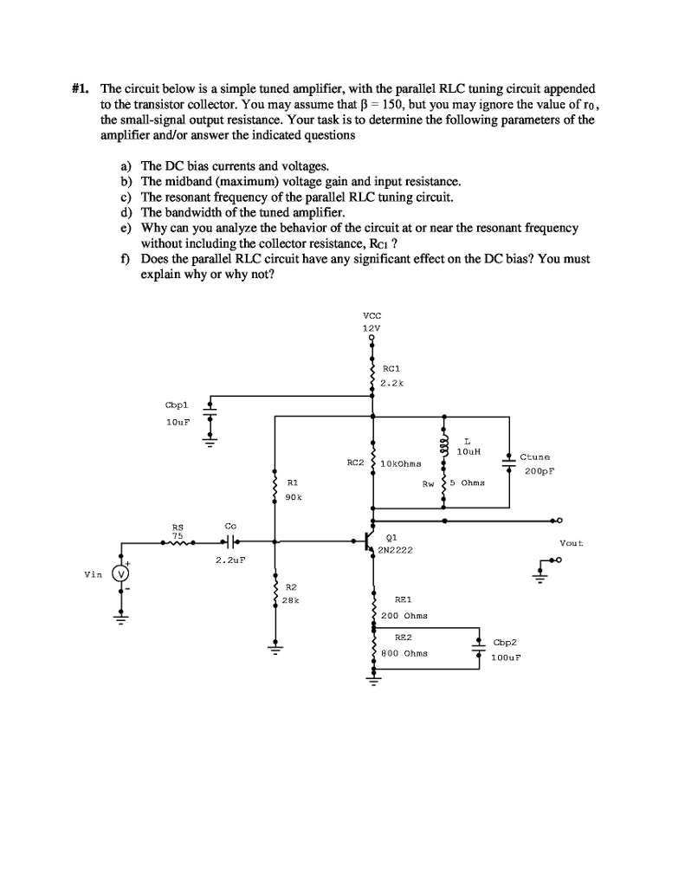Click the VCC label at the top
pos(372,316)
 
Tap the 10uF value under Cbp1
pos(177,422)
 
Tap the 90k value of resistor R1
pos(293,497)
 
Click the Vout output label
pos(572,543)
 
